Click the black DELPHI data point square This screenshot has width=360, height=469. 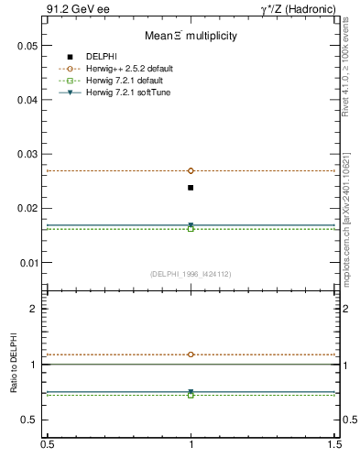point(191,188)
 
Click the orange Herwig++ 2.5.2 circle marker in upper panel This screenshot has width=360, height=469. point(191,170)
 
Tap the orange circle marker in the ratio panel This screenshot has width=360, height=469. point(191,354)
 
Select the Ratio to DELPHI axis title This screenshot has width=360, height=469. point(15,366)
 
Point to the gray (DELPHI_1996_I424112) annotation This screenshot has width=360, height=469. point(191,274)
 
